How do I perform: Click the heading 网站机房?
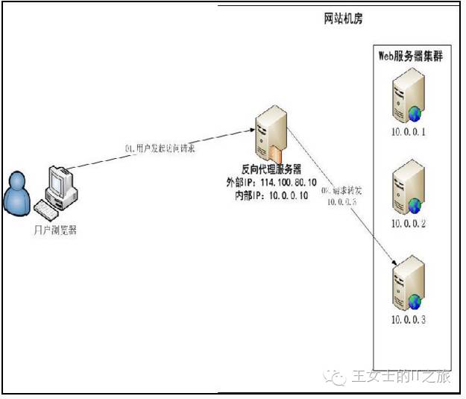[343, 17]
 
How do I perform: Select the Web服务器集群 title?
[411, 56]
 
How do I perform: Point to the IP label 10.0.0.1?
[409, 133]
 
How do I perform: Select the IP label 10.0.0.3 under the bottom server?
[409, 320]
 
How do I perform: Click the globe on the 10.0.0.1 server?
[415, 113]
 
